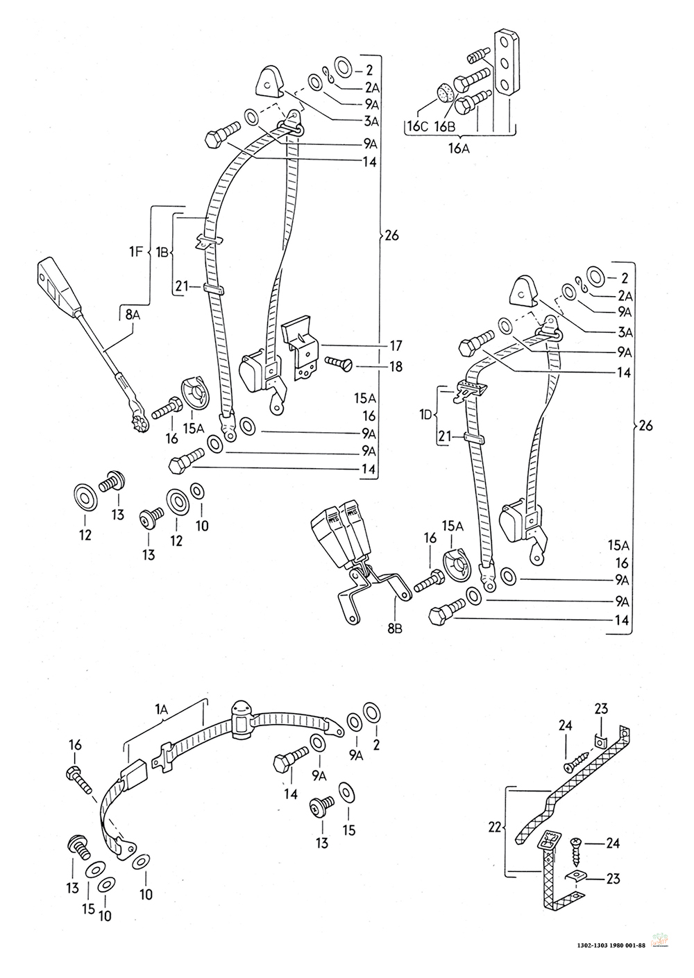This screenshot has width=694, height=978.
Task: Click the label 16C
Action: point(418,127)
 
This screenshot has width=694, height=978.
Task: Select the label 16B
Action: point(445,127)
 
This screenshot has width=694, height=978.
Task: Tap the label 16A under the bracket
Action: point(459,149)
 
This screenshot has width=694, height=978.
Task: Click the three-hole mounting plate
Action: point(506,63)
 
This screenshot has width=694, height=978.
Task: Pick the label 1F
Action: point(136,252)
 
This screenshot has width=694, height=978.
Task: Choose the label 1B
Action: point(162,252)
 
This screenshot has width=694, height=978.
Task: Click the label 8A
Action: point(133,315)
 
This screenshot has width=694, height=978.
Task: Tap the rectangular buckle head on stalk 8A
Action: point(60,284)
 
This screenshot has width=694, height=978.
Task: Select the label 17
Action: point(396,346)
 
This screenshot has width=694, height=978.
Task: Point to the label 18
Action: point(396,366)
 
